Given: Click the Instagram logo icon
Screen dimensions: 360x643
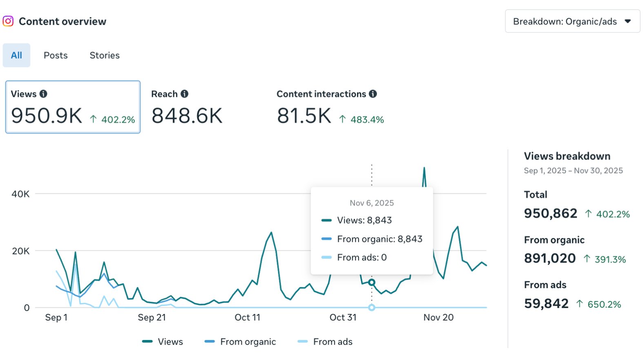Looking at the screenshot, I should click(8, 21).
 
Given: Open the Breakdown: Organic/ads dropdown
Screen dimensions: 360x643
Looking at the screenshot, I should click(572, 22).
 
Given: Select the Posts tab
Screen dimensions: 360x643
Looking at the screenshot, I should click(55, 56).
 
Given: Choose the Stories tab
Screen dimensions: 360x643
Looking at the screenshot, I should click(104, 56).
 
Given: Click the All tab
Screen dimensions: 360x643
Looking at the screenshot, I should click(16, 56).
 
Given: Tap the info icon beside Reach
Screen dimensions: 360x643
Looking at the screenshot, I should click(184, 94).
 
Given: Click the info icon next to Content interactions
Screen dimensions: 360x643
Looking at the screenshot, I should click(373, 94).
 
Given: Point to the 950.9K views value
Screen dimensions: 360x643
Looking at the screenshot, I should click(47, 116).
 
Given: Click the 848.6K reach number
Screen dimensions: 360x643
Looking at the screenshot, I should click(187, 116).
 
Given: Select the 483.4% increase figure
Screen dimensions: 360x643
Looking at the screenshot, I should click(367, 120).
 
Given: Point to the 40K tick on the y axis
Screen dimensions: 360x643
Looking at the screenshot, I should click(20, 194).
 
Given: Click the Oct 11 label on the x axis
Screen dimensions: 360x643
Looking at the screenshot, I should click(247, 318).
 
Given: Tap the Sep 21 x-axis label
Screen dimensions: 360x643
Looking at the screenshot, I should click(152, 318).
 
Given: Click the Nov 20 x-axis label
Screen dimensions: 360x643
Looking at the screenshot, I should click(438, 318).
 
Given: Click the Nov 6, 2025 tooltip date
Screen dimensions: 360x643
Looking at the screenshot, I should click(372, 203).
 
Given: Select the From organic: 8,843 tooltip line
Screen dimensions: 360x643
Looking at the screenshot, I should click(379, 239).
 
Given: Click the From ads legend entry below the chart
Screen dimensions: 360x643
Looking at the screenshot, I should click(332, 342).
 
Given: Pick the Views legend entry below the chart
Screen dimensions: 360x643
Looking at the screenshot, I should click(170, 342).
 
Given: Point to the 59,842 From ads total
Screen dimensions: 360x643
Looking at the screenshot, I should click(546, 304).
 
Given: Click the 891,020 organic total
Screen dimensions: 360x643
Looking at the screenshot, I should click(550, 258).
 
